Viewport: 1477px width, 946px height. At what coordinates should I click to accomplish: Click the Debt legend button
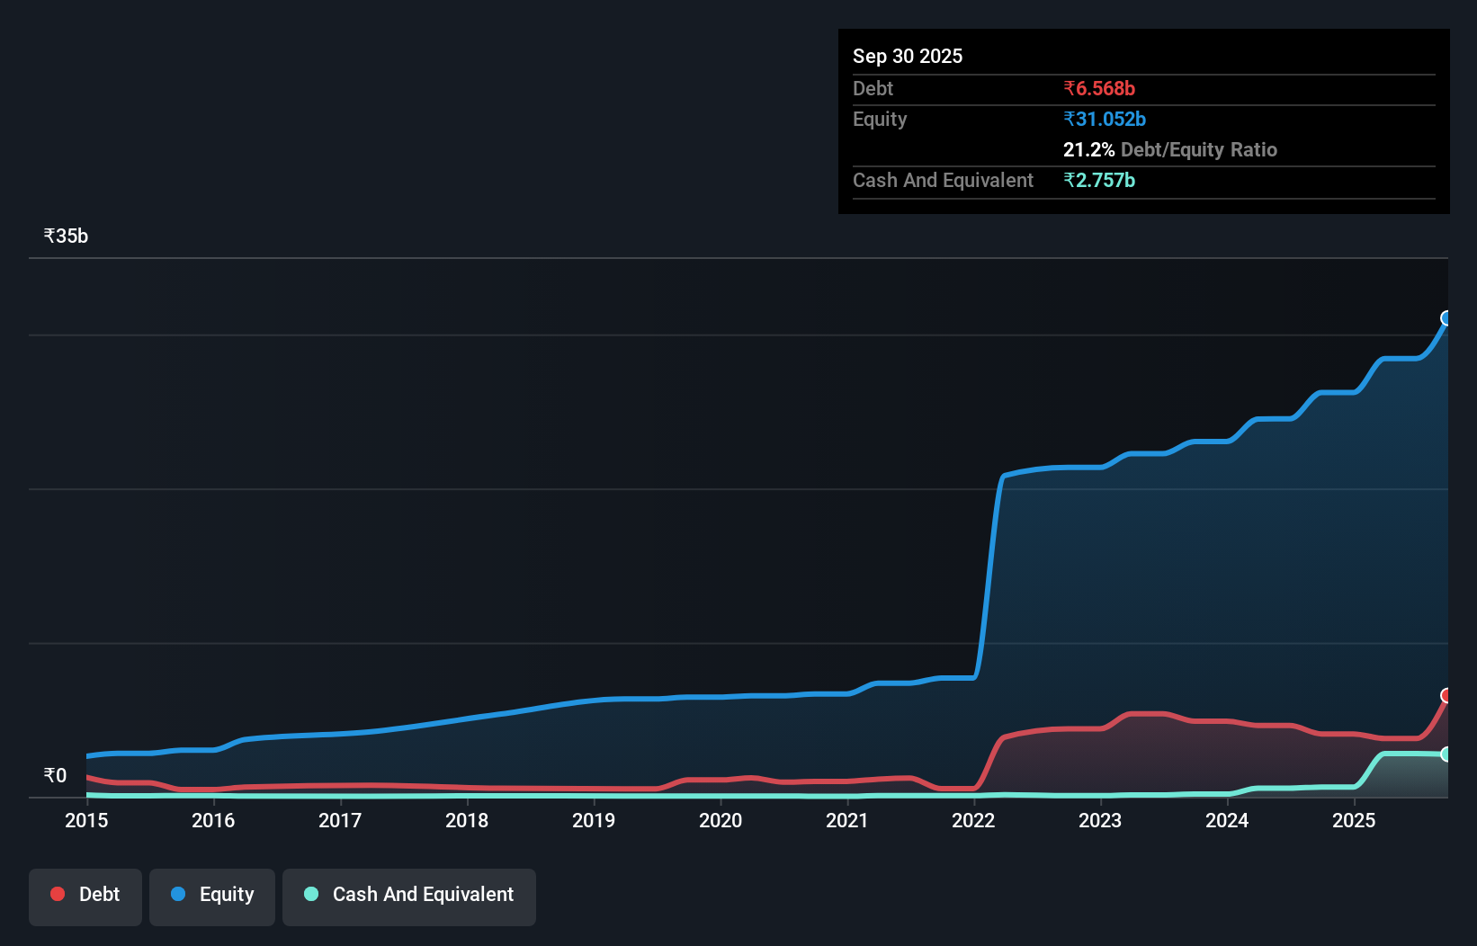(x=85, y=896)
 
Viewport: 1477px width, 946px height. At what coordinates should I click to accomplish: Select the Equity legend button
(x=212, y=896)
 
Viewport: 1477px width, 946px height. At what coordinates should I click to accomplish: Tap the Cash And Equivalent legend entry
(x=409, y=896)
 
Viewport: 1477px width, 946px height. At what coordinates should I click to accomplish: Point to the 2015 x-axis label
(x=86, y=821)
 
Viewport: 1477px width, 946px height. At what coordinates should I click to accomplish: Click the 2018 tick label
(x=467, y=821)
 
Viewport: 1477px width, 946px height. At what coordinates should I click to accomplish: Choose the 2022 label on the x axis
(x=973, y=821)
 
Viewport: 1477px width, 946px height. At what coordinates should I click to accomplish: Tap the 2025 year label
(x=1354, y=821)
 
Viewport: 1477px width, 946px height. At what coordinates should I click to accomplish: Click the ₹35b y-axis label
(x=66, y=236)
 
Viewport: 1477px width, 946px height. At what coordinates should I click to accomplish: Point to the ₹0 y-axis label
(x=55, y=776)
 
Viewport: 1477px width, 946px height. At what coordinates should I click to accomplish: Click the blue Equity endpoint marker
(x=1446, y=318)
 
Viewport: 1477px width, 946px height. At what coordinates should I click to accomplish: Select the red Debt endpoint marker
(x=1446, y=696)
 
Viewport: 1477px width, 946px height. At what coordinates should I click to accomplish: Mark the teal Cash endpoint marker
(x=1446, y=754)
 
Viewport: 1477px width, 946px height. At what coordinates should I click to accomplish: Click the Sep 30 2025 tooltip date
(x=908, y=57)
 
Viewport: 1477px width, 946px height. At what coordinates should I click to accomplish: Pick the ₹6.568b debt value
(x=1098, y=89)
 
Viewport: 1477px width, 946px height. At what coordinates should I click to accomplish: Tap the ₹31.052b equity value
(x=1104, y=120)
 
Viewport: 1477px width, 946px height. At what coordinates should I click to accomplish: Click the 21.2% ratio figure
(x=1088, y=150)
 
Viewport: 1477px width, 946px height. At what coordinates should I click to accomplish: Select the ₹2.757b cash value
(x=1098, y=181)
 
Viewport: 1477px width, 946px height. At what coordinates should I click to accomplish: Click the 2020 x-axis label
(x=721, y=821)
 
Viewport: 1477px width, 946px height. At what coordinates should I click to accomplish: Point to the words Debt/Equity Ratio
(x=1198, y=150)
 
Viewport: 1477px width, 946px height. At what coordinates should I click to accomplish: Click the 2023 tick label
(x=1100, y=821)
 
